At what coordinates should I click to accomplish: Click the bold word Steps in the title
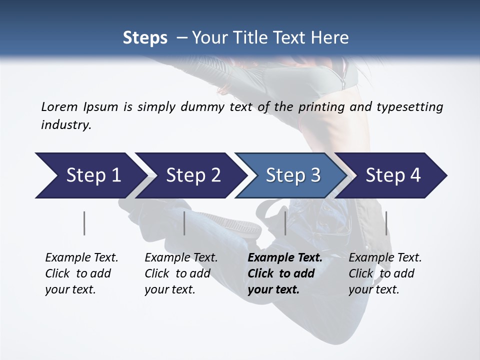coord(145,38)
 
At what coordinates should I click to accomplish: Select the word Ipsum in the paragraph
coord(101,106)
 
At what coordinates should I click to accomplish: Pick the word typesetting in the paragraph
coord(409,106)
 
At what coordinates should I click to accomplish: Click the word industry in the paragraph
coord(66,124)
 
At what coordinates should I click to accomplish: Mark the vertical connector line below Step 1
coord(84,223)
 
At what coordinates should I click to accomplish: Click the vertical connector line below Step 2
coord(184,223)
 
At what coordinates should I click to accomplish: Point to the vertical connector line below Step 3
coord(285,223)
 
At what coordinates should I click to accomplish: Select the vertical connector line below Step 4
coord(386,223)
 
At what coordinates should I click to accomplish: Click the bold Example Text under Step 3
coord(285,258)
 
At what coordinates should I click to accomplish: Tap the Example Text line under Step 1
coord(81,258)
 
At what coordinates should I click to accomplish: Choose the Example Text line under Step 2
coord(181,258)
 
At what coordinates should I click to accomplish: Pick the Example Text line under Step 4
coord(385,258)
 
